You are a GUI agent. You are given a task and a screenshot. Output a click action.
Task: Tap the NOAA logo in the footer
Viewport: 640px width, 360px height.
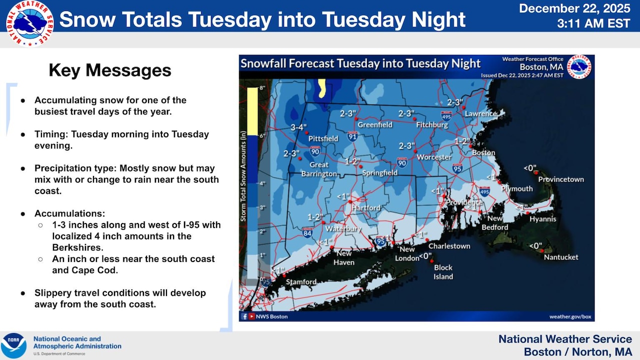(x=13, y=345)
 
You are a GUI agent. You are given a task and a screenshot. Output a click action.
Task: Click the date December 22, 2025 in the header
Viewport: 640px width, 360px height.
(x=574, y=8)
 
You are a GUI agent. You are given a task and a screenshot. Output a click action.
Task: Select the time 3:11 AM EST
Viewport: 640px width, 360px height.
(x=593, y=23)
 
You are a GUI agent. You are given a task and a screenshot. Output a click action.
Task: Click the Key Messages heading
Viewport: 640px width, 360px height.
(x=110, y=70)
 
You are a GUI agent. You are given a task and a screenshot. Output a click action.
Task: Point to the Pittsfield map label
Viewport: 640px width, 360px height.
(x=323, y=138)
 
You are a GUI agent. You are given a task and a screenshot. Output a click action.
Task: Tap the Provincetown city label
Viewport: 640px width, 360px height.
(x=561, y=179)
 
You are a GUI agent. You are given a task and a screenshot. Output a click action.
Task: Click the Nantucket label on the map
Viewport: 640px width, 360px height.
(x=561, y=257)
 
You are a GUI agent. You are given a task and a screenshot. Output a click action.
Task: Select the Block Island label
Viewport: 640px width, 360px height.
(x=443, y=272)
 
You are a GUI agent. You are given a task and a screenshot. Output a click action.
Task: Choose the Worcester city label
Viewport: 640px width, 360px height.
(x=434, y=157)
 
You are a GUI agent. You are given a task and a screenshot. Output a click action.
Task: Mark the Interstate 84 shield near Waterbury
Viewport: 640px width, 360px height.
(x=307, y=232)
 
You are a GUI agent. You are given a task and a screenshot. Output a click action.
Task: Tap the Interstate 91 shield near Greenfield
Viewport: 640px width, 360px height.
(x=352, y=136)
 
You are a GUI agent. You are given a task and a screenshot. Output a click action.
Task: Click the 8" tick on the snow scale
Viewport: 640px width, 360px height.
(x=261, y=88)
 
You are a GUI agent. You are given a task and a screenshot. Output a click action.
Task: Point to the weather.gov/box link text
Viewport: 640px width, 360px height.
(x=570, y=316)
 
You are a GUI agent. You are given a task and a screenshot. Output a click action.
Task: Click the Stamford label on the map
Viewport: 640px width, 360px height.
(x=301, y=282)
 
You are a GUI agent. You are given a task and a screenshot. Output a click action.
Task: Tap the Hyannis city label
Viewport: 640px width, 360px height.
(x=542, y=219)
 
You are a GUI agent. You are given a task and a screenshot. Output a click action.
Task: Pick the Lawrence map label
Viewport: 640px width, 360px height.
(x=481, y=114)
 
